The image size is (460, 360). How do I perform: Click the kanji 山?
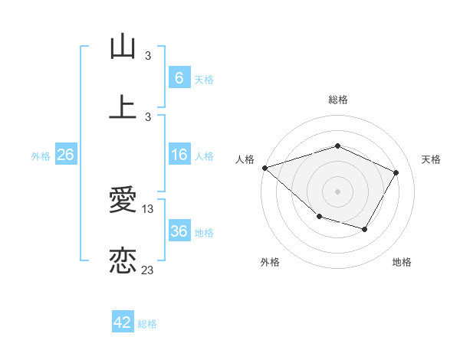pyautogui.click(x=123, y=47)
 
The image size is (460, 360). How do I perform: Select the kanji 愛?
pyautogui.click(x=123, y=201)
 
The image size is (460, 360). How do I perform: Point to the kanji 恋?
pyautogui.click(x=123, y=260)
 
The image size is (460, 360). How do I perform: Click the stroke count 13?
pyautogui.click(x=148, y=208)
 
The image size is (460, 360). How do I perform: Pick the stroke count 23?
pyautogui.click(x=148, y=269)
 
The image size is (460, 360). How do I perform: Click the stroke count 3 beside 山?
pyautogui.click(x=148, y=55)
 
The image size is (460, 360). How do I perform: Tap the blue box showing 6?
pyautogui.click(x=179, y=78)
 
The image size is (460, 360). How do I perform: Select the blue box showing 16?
pyautogui.click(x=179, y=155)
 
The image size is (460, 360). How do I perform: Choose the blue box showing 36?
pyautogui.click(x=179, y=231)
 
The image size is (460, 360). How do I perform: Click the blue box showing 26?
pyautogui.click(x=66, y=155)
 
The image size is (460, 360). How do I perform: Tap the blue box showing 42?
pyautogui.click(x=123, y=322)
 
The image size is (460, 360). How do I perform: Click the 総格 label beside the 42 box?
pyautogui.click(x=147, y=324)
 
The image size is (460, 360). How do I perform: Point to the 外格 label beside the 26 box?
pyautogui.click(x=41, y=155)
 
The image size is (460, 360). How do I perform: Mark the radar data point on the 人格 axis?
pyautogui.click(x=264, y=168)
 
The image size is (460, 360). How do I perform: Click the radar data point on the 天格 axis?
pyautogui.click(x=396, y=172)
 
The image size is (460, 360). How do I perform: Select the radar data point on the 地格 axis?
pyautogui.click(x=365, y=229)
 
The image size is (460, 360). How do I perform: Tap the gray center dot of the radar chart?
pyautogui.click(x=337, y=191)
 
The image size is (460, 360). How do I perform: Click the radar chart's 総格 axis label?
pyautogui.click(x=338, y=100)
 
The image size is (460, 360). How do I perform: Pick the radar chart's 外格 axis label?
pyautogui.click(x=269, y=262)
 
